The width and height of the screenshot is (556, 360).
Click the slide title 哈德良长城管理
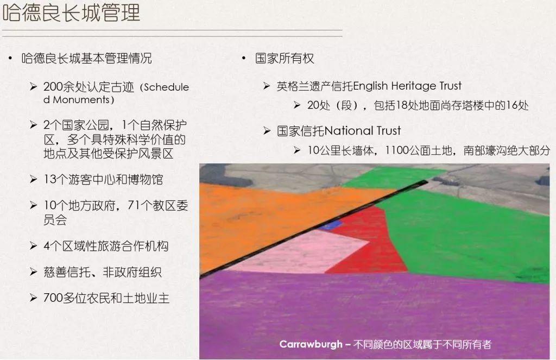click(71, 12)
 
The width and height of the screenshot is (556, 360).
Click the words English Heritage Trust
click(407, 86)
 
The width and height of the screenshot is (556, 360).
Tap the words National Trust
click(363, 131)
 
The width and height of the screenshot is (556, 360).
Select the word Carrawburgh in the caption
click(311, 344)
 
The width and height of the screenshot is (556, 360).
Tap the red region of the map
click(369, 241)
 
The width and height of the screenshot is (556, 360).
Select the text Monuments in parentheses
click(81, 100)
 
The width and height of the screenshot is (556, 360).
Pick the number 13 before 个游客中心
click(50, 180)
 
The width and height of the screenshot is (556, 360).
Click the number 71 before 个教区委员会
click(134, 205)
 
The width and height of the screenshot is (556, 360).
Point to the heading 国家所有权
click(285, 59)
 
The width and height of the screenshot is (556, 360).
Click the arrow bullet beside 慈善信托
click(33, 272)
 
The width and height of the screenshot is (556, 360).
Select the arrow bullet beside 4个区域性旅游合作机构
click(33, 246)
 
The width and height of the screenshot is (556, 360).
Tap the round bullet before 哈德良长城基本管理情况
click(11, 58)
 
